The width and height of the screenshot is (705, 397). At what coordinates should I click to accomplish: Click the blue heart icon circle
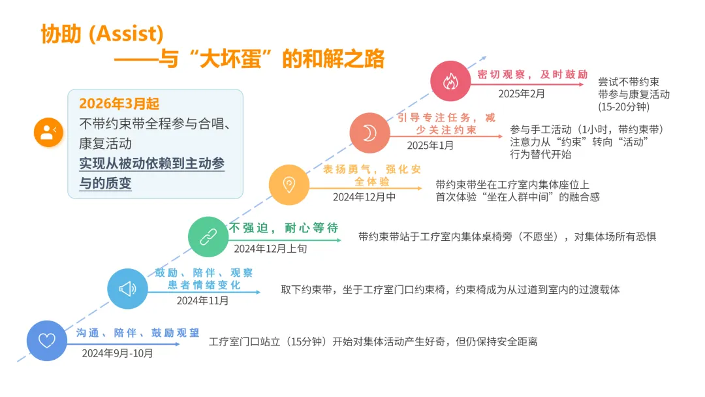(x=47, y=341)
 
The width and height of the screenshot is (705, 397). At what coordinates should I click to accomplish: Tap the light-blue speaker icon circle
(x=127, y=288)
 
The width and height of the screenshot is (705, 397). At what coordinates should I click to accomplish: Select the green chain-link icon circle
(x=208, y=236)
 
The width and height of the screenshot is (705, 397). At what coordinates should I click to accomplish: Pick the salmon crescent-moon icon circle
(x=369, y=133)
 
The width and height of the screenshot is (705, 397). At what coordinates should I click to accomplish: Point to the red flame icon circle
(x=450, y=81)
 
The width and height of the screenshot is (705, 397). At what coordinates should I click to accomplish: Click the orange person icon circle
(x=48, y=133)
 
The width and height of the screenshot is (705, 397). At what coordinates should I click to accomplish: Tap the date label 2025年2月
(x=521, y=94)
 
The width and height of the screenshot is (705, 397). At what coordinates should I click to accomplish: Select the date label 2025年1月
(x=430, y=146)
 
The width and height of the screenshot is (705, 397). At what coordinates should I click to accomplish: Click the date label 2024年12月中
(x=364, y=197)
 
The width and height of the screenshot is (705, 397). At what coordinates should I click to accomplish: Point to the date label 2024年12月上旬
(x=270, y=249)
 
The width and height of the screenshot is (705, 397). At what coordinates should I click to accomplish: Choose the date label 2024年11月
(x=203, y=301)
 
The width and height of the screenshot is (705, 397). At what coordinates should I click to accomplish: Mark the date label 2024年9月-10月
(x=117, y=353)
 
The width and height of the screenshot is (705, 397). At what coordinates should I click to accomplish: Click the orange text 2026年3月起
(x=119, y=104)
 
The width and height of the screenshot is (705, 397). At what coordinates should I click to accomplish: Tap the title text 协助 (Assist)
(x=102, y=33)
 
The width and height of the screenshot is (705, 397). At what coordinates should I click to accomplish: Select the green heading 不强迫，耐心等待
(x=283, y=228)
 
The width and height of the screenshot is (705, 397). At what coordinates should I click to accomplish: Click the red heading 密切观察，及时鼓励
(x=533, y=74)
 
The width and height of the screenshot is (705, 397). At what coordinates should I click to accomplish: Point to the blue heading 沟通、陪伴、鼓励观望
(x=138, y=333)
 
